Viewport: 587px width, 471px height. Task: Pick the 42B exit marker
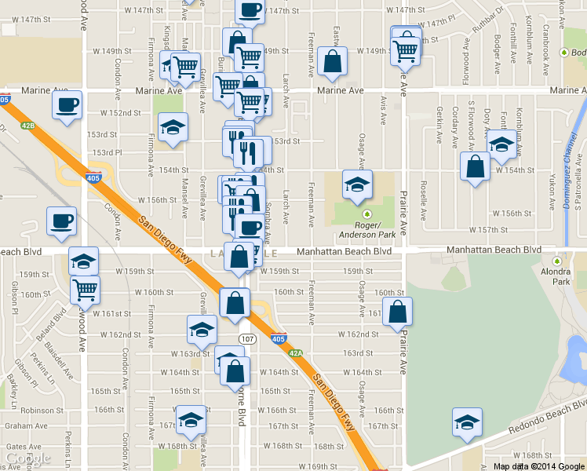28,125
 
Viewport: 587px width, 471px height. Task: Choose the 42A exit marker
295,353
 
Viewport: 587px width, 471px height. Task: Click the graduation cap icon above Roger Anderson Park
356,185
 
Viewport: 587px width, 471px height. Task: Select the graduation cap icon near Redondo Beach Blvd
467,422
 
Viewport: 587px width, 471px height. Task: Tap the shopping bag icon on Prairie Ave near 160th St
399,312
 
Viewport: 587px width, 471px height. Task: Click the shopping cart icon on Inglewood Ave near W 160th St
85,289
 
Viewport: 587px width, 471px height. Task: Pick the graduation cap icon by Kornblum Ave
501,144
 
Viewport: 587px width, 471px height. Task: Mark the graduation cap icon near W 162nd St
202,330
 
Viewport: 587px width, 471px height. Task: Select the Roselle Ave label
423,203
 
